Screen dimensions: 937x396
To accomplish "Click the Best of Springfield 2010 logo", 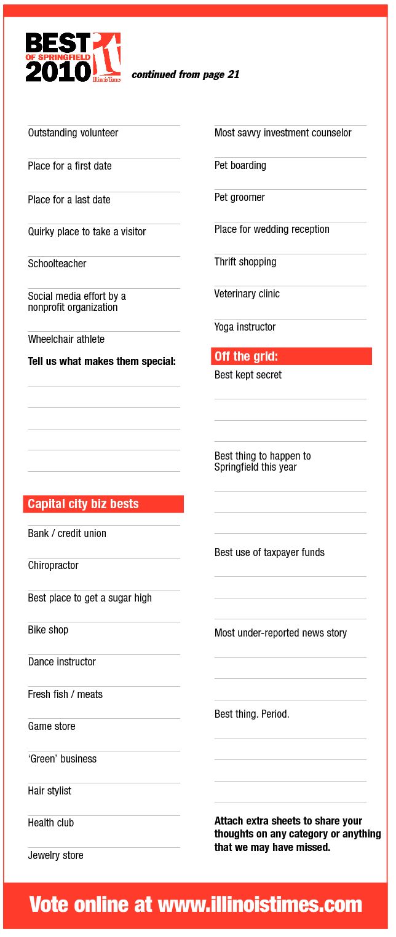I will [x=73, y=57].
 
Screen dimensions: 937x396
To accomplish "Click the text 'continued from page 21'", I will [x=185, y=75].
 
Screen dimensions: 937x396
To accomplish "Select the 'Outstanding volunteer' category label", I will [x=73, y=133].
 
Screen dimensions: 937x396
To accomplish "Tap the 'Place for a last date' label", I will [x=69, y=200].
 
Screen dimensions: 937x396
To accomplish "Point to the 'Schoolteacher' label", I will [x=57, y=264].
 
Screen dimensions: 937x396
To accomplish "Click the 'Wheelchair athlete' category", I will [x=66, y=339].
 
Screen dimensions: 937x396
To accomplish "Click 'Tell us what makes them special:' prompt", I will [x=101, y=361].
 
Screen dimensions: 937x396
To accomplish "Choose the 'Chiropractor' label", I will [x=53, y=565].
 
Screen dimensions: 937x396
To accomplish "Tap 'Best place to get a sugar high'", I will [x=90, y=598].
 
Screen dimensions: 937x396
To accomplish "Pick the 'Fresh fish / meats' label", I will [x=65, y=694].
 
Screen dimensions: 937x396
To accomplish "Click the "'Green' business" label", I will [x=62, y=759].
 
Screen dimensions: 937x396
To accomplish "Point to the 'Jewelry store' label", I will [x=55, y=855].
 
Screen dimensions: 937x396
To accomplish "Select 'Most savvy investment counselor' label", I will [x=283, y=133].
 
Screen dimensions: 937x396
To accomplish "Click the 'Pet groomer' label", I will [x=239, y=197].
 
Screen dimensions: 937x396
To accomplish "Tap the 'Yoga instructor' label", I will [x=245, y=327].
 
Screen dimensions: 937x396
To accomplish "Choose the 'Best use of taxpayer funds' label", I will [x=269, y=552].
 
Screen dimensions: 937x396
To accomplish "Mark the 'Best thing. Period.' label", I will [x=251, y=714].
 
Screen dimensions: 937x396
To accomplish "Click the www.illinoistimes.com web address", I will [x=260, y=904].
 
